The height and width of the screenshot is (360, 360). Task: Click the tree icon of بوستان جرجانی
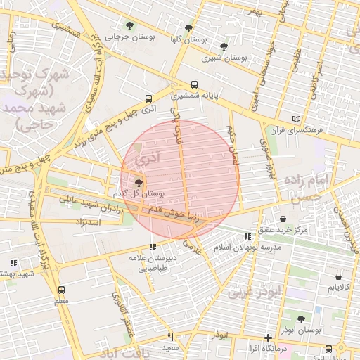coord(128,25)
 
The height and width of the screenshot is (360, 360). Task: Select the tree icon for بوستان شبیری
coord(224,46)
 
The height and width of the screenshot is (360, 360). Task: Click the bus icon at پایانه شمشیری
coord(195,84)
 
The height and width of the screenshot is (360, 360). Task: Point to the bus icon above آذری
coord(148,99)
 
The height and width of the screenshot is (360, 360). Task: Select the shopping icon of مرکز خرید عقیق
coord(283,219)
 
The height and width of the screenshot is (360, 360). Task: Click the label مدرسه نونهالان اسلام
coord(250,247)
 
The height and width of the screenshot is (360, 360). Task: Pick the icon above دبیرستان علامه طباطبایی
coord(153,247)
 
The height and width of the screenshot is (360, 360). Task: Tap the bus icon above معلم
coord(61,290)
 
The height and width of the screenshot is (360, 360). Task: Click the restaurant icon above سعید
coord(169,337)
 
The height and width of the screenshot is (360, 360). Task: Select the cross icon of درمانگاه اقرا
coord(268,337)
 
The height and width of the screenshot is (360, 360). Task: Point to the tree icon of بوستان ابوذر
coord(301,319)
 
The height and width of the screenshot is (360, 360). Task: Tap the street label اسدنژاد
coord(92,222)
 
